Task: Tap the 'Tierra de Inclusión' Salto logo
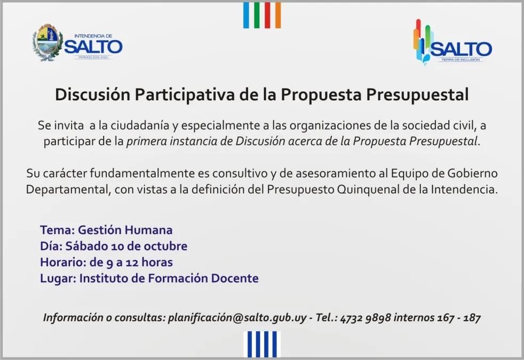(x=452, y=42)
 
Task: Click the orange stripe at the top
(x=278, y=15)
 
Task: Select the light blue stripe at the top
(x=246, y=15)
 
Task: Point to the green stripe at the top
(x=257, y=15)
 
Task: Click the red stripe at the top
(x=267, y=15)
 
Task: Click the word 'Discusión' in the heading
(x=92, y=94)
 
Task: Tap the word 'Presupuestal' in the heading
(x=417, y=95)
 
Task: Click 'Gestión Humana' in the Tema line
(x=125, y=230)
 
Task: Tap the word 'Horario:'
(x=63, y=262)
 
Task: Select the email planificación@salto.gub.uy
(x=237, y=317)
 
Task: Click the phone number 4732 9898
(x=366, y=318)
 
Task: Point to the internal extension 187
(x=472, y=318)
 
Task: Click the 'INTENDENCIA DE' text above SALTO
(x=93, y=36)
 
